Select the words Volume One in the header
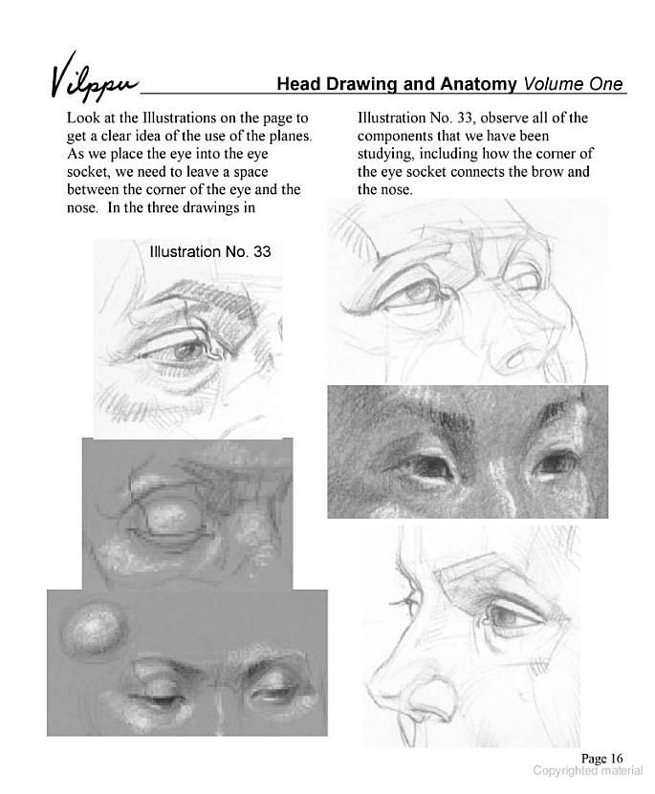point(574,83)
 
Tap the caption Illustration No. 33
point(210,251)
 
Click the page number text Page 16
point(601,758)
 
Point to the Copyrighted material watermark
point(588,771)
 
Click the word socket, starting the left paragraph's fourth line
point(88,172)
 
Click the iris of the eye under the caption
point(187,351)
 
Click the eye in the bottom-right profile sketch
point(509,618)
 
